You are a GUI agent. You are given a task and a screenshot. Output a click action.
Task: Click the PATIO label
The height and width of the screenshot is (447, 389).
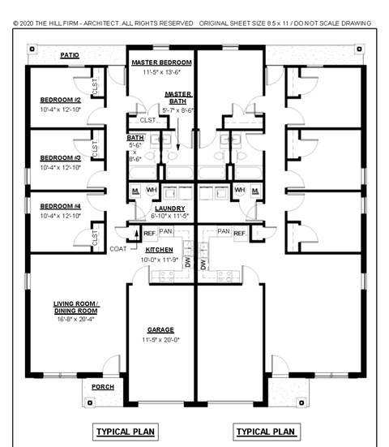point(69,55)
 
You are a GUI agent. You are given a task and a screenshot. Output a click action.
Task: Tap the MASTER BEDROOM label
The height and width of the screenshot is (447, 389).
point(161,62)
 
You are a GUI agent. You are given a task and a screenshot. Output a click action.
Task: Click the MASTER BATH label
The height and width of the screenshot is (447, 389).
point(177,98)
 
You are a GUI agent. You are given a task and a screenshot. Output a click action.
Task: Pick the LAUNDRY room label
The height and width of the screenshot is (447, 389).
point(169,208)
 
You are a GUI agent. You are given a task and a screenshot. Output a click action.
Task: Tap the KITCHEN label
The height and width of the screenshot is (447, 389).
point(159,249)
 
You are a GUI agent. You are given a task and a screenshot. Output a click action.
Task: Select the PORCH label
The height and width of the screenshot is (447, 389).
point(102,387)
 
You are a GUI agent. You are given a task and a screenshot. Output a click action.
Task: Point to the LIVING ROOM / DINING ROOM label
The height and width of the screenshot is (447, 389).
point(75,307)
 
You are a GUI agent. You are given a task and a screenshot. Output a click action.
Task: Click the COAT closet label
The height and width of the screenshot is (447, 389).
point(118,249)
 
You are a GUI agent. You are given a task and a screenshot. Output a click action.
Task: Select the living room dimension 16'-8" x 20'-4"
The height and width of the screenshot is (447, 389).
point(75,320)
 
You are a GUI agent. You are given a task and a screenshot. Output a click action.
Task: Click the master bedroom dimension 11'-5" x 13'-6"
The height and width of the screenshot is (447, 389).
point(161,72)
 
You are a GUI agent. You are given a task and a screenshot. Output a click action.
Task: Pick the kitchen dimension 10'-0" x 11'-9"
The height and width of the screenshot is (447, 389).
point(159,260)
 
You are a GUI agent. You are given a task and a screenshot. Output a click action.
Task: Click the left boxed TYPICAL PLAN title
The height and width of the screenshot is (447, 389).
point(126,431)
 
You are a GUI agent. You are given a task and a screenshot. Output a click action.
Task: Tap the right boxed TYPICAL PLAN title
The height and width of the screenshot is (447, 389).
point(265,431)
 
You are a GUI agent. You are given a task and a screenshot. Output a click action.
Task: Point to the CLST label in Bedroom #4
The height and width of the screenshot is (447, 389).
point(95,238)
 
